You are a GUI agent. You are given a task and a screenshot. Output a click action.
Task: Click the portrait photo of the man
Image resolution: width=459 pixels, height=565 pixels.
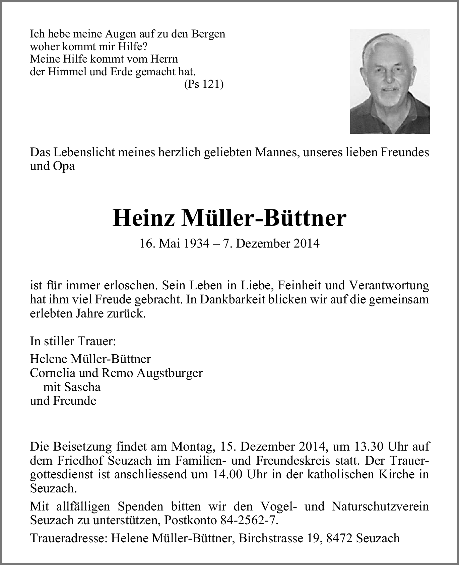(390, 81)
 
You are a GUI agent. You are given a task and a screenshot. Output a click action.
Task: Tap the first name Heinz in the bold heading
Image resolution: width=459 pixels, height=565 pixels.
(144, 218)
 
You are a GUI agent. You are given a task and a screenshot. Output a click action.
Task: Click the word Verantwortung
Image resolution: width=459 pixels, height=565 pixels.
(389, 285)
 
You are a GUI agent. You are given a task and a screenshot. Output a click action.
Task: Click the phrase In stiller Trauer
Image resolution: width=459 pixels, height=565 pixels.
(73, 341)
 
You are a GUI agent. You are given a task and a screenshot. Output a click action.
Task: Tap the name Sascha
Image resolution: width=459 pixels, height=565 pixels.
(82, 387)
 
